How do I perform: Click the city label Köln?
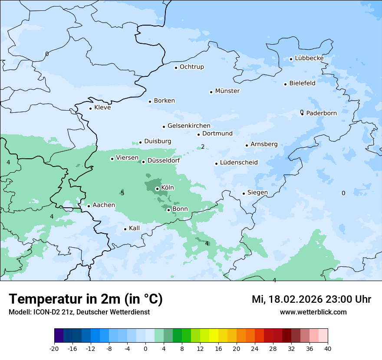coord(168,188)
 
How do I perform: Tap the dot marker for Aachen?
coord(89,206)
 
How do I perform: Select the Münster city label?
coord(227,91)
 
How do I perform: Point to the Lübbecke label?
coord(309,58)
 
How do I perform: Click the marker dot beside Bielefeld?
coord(286,84)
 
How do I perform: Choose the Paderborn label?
coord(321,113)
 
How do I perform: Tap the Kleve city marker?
coord(90,108)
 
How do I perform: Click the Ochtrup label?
coord(192,67)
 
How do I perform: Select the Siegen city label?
coord(257,193)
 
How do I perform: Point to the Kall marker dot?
coord(125,229)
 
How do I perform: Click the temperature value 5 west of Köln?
coord(122,193)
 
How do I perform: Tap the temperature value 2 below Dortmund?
coord(203,147)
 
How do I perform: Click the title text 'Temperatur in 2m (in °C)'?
coord(86,299)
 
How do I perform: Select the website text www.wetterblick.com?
coord(313,312)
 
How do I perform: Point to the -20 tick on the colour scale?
coord(54,348)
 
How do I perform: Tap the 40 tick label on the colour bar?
coord(328,348)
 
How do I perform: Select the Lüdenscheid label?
coord(239,163)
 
